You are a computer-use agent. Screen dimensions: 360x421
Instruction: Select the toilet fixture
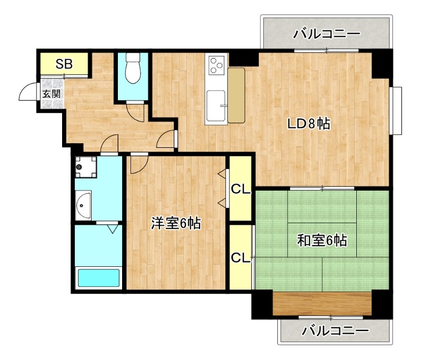[x=133, y=68]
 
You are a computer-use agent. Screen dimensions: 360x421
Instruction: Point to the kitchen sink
[x=217, y=103]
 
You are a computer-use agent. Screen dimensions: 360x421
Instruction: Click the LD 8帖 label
[x=308, y=124]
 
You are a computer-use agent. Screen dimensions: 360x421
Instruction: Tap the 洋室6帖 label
[x=176, y=223]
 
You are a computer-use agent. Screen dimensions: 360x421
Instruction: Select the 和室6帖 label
[x=322, y=241]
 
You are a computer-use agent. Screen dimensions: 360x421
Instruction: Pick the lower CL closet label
[x=240, y=258]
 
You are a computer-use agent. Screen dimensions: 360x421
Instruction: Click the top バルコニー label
[x=326, y=34]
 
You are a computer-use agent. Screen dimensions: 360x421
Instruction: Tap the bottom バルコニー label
[x=335, y=331]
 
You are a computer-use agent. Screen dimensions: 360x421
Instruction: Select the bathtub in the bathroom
[x=99, y=277]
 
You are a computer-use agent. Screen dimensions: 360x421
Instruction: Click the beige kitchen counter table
[x=237, y=95]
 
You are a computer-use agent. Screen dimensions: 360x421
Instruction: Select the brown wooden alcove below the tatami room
[x=322, y=304]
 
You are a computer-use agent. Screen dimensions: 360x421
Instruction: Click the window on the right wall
[x=396, y=110]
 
